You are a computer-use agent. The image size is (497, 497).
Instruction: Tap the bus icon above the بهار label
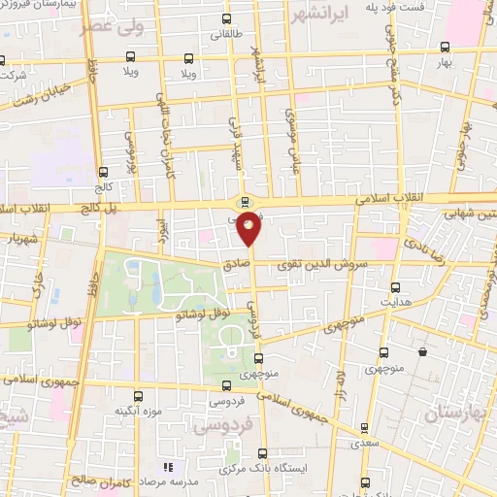pos(445,47)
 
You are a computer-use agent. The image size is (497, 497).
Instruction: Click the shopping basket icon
pos(423,351)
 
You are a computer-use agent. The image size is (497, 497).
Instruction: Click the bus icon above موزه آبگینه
pos(137,395)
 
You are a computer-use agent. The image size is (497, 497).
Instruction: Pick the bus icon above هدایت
pos(395,287)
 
